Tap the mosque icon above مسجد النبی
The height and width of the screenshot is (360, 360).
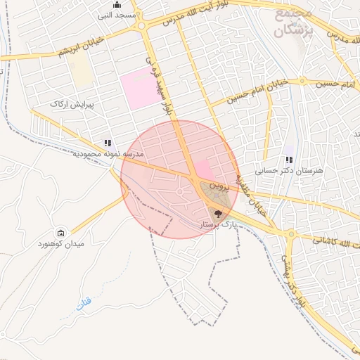pos(117,5)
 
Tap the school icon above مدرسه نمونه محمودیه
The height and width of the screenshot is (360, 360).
pos(108,143)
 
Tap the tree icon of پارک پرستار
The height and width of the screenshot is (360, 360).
pos(217,214)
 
